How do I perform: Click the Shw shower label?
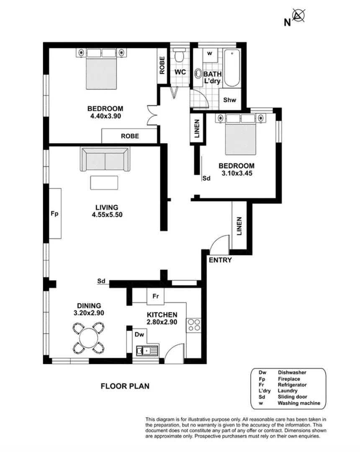(230, 100)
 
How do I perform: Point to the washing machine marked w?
(210, 54)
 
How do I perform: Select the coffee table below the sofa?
(104, 182)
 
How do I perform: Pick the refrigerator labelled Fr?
(155, 296)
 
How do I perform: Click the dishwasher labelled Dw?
(139, 334)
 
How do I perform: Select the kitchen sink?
(147, 350)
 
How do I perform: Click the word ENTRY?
(220, 260)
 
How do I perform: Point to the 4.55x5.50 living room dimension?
(107, 215)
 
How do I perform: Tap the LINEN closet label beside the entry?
(239, 226)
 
